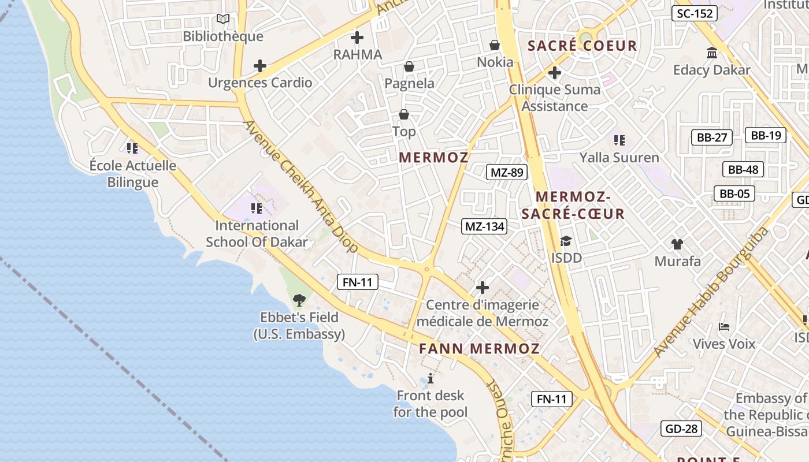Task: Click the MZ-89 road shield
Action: (506, 172)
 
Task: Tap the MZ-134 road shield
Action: (485, 226)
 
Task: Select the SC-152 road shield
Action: (694, 13)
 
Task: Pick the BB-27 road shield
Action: (711, 137)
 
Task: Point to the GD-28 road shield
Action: (682, 429)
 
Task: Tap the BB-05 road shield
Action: (734, 193)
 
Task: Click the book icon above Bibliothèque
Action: (223, 19)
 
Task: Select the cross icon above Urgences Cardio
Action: (260, 66)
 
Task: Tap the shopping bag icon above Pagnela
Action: (409, 67)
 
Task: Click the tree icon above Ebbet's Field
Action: (299, 300)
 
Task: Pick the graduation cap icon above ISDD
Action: (566, 241)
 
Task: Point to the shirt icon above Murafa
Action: (677, 244)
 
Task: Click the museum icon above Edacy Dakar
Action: (712, 53)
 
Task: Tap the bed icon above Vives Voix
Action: (723, 327)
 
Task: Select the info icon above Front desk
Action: (430, 379)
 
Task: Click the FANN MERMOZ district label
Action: (479, 349)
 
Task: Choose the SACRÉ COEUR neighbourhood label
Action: (582, 46)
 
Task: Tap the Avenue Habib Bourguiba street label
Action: (712, 292)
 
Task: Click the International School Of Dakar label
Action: (257, 233)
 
